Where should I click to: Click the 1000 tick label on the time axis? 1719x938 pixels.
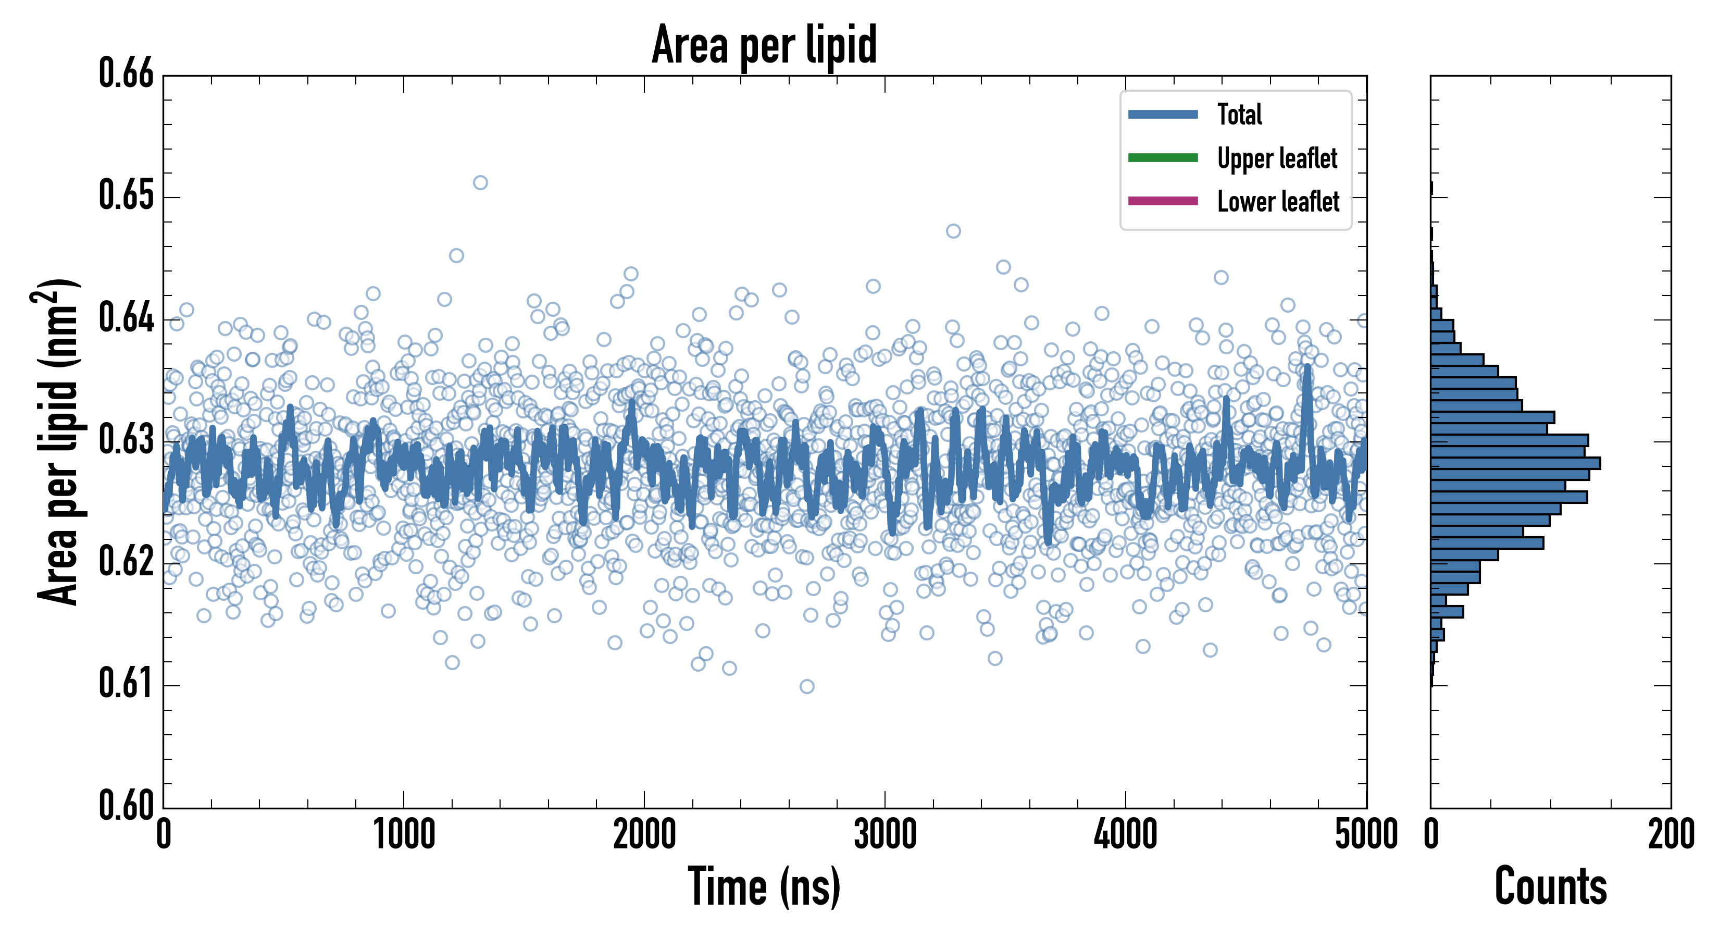coord(404,834)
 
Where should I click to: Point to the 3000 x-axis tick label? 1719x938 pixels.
coord(885,834)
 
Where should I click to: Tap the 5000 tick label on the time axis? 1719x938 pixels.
coord(1366,834)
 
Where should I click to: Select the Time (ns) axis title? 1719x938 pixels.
coord(764,886)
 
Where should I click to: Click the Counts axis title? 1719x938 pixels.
coord(1550,886)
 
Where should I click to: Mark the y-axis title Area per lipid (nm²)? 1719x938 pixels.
coord(57,441)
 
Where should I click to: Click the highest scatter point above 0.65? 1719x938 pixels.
coord(480,183)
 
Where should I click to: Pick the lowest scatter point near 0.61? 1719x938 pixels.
coord(807,686)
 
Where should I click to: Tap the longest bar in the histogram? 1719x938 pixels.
coord(1515,463)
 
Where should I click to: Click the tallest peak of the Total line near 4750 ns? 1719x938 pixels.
coord(1306,368)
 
